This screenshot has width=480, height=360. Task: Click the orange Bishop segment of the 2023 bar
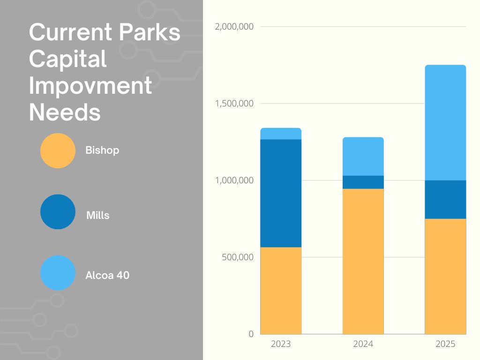pyautogui.click(x=281, y=290)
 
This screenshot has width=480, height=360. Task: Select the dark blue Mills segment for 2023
pyautogui.click(x=281, y=193)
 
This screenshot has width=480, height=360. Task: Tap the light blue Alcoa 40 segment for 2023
pyautogui.click(x=281, y=134)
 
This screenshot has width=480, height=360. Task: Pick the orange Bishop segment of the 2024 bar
pyautogui.click(x=363, y=261)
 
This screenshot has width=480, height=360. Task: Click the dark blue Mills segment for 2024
pyautogui.click(x=363, y=182)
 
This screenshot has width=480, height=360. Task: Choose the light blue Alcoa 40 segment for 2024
pyautogui.click(x=363, y=157)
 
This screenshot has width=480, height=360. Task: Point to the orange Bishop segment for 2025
pyautogui.click(x=445, y=276)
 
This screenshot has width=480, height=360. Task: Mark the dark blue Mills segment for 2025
pyautogui.click(x=445, y=199)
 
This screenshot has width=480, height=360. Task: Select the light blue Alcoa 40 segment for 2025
pyautogui.click(x=445, y=123)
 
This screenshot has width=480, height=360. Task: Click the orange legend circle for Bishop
pyautogui.click(x=58, y=150)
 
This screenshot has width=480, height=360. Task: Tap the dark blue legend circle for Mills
pyautogui.click(x=58, y=212)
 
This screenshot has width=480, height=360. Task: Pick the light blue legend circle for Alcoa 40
pyautogui.click(x=58, y=272)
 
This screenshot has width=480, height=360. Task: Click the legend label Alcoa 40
pyautogui.click(x=107, y=275)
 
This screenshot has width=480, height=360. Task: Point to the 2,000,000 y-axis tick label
pyautogui.click(x=234, y=27)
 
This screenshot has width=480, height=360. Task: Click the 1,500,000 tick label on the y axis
pyautogui.click(x=234, y=104)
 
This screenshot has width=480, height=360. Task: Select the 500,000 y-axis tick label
pyautogui.click(x=237, y=257)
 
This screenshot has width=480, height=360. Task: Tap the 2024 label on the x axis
pyautogui.click(x=363, y=344)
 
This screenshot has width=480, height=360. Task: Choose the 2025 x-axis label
pyautogui.click(x=445, y=344)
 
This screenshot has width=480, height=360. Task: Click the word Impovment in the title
pyautogui.click(x=90, y=86)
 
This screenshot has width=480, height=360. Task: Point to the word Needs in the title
pyautogui.click(x=65, y=113)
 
